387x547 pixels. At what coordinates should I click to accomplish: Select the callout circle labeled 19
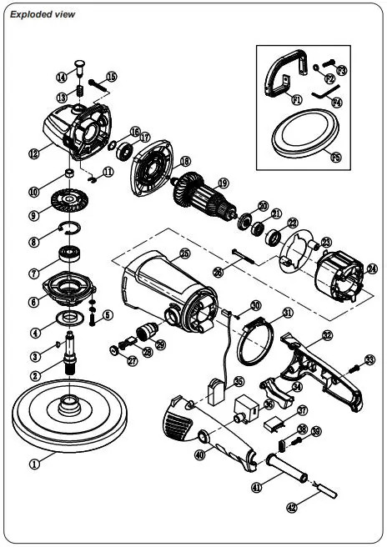point(223,183)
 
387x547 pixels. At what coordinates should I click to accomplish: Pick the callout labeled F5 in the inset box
point(336,156)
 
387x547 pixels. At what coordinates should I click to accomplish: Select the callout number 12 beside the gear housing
point(33,153)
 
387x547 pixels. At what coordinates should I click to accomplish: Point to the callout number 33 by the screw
point(369,360)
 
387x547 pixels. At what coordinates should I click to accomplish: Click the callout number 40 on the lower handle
point(199,455)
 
